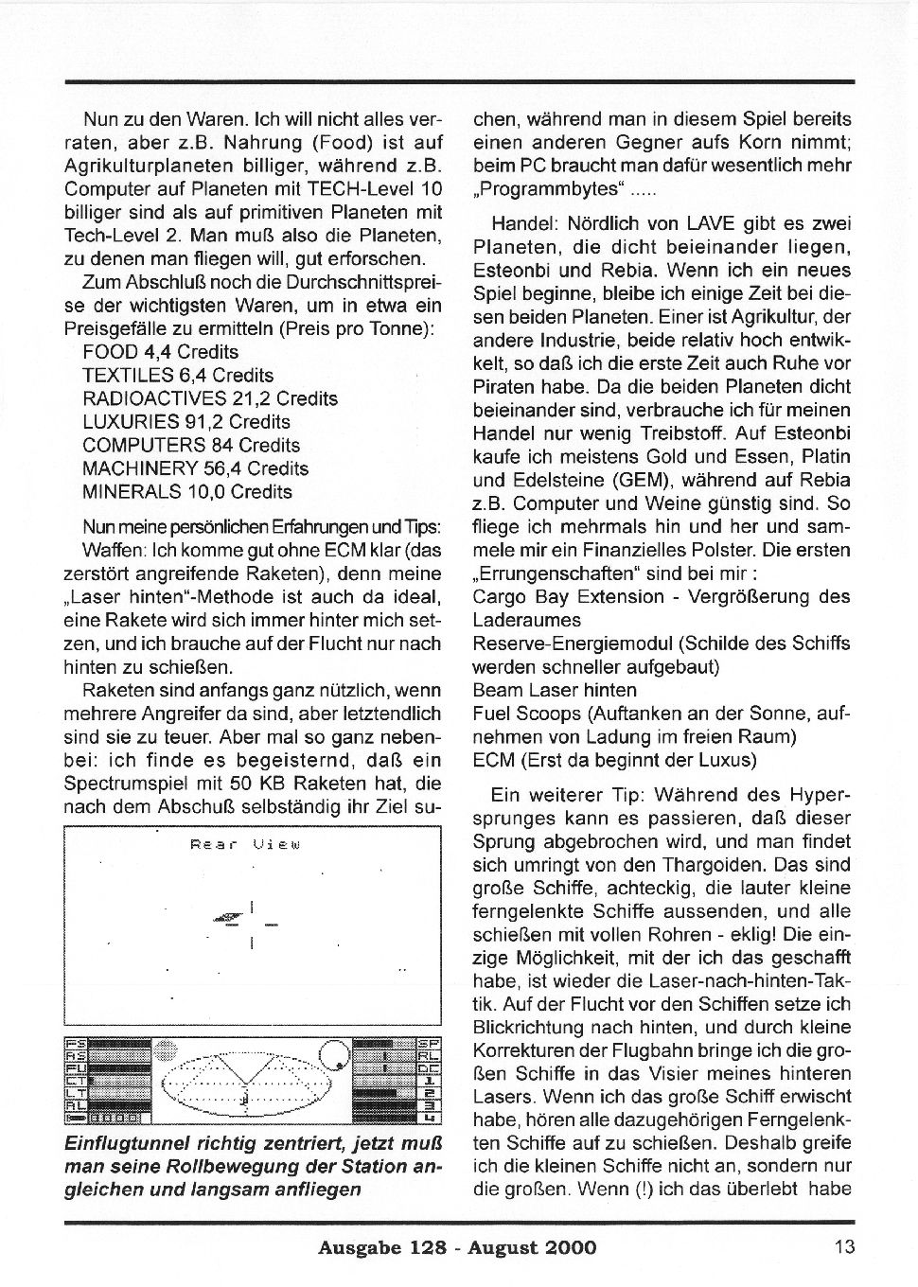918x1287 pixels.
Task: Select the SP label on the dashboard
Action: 429,1043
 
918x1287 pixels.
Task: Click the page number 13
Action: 844,1246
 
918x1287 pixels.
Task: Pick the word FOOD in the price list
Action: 111,352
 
